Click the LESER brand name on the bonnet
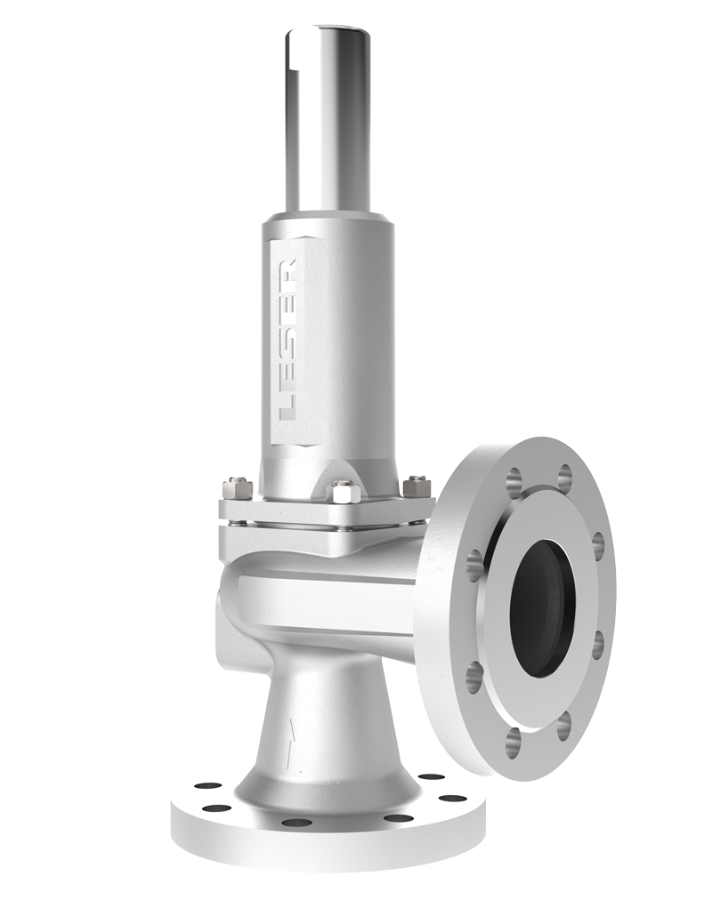(287, 341)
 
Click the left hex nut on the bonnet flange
(237, 488)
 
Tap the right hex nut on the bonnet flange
(417, 487)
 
